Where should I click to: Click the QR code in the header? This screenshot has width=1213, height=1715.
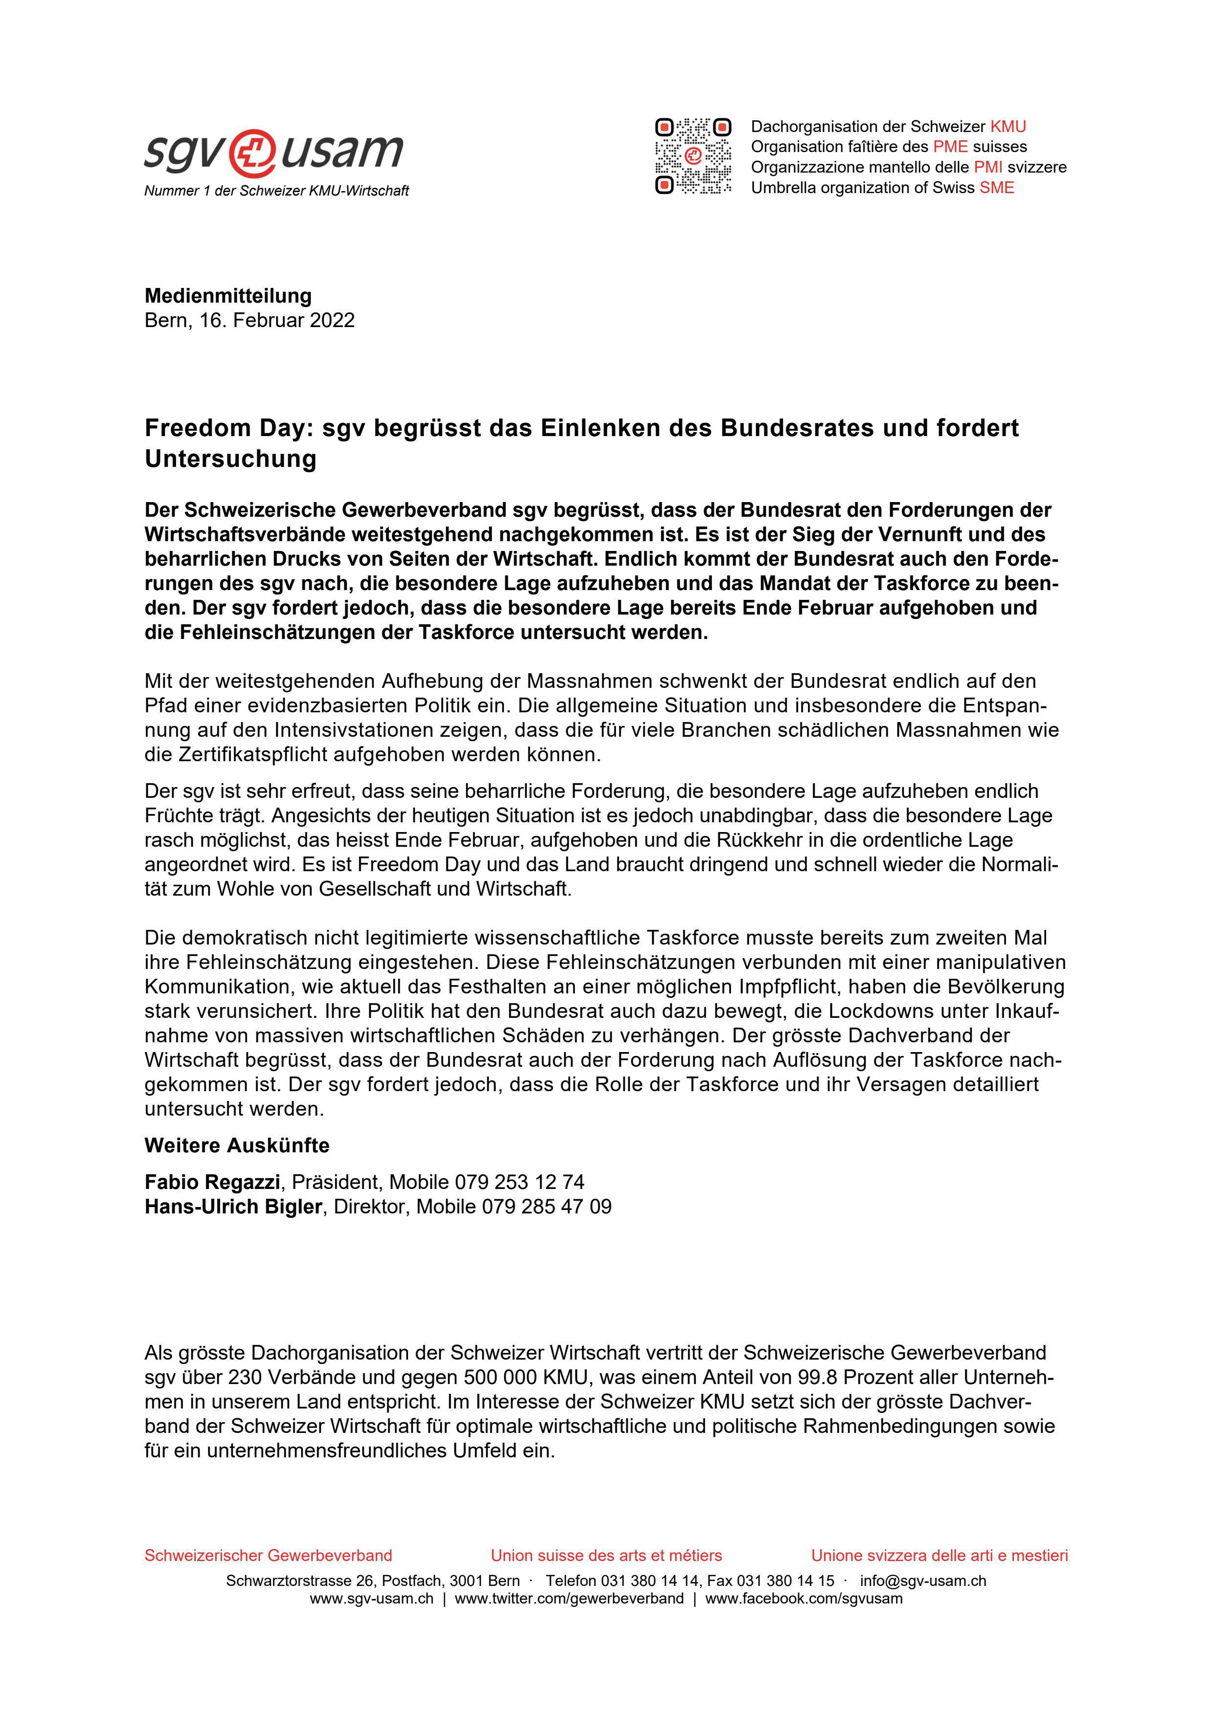[x=693, y=156]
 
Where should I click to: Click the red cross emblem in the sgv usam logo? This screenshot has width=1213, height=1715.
[x=253, y=152]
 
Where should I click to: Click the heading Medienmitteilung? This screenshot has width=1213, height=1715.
[x=228, y=296]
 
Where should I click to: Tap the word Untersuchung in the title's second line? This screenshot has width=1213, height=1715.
[x=230, y=459]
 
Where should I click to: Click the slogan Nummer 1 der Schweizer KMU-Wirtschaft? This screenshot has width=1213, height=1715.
[x=276, y=191]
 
